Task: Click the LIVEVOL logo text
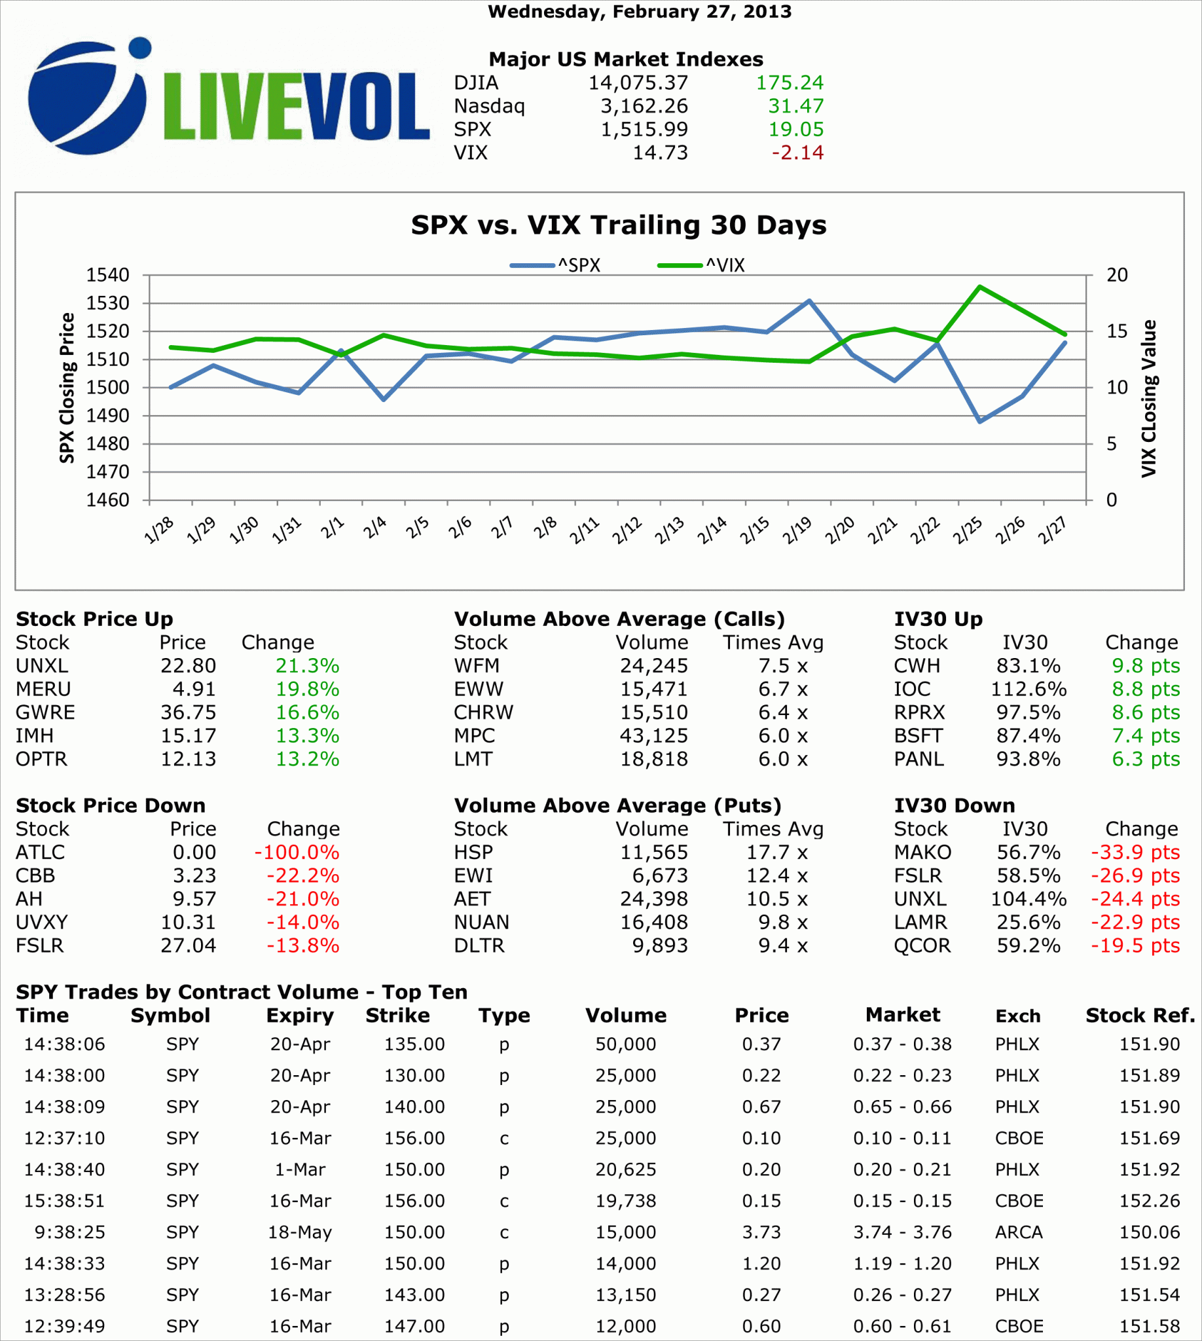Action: click(296, 105)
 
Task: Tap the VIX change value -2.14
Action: click(797, 153)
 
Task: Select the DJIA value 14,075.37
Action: click(637, 83)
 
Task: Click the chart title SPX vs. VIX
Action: click(618, 225)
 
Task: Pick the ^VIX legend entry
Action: click(701, 266)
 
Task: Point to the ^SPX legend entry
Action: click(555, 266)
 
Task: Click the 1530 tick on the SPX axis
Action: click(107, 303)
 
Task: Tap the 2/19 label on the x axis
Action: click(797, 530)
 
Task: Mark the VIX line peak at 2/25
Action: click(979, 287)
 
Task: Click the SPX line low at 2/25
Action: click(979, 422)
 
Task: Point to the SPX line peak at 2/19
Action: click(809, 301)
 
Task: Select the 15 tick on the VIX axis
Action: click(1117, 331)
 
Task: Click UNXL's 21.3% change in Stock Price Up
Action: click(307, 665)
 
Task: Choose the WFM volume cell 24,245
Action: click(653, 665)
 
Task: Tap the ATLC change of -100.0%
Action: click(297, 852)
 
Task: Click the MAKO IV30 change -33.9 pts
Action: click(1135, 852)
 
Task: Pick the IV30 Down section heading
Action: click(955, 805)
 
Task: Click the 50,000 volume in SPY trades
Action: click(625, 1044)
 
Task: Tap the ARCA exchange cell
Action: click(1019, 1233)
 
